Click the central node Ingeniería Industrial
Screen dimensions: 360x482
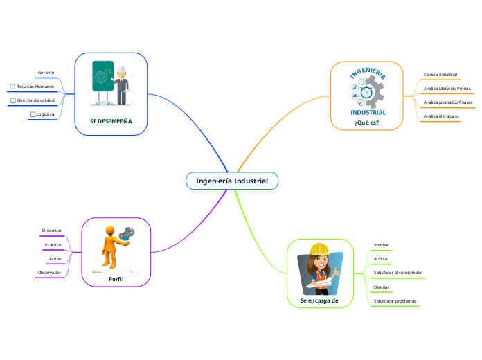pos(231,181)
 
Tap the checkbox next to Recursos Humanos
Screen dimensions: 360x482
pos(12,87)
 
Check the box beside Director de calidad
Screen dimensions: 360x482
pos(12,100)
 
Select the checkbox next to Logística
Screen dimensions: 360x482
pos(32,114)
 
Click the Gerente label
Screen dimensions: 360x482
pos(46,72)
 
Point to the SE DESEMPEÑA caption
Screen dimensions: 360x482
pos(111,120)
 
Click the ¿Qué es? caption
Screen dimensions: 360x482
pos(366,123)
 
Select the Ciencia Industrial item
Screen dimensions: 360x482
pos(440,75)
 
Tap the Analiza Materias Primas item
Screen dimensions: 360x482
pos(447,89)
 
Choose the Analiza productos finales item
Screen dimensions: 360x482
pos(447,102)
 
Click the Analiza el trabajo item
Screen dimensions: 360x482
pos(440,116)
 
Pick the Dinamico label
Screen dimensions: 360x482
pos(51,230)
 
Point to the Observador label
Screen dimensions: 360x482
pos(49,273)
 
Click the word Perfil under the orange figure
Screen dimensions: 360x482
pos(116,278)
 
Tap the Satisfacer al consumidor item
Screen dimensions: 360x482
pos(398,273)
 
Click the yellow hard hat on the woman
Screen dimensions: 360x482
pos(319,250)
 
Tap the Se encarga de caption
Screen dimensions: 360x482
pos(319,300)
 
